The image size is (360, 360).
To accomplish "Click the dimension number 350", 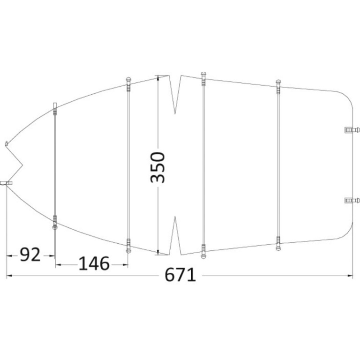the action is [x=157, y=167].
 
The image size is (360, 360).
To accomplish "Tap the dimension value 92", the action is [x=30, y=255].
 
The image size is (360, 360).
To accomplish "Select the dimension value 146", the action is [x=94, y=263].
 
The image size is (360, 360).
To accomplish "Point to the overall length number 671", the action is [x=180, y=275].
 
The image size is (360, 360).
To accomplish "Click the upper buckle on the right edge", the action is [x=352, y=130].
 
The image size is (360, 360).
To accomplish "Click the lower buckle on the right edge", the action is [x=352, y=201].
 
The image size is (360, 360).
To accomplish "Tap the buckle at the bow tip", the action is [x=6, y=183].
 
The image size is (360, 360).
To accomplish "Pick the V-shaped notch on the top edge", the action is [x=175, y=94].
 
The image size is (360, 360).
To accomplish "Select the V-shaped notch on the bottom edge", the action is [x=175, y=236].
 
